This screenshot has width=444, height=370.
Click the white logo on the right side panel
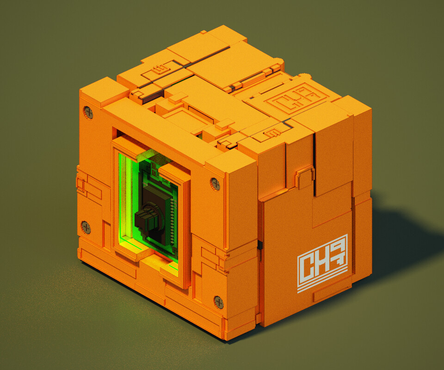point(322,269)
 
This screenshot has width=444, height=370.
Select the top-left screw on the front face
point(88,112)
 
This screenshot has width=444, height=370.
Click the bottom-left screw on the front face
point(86,227)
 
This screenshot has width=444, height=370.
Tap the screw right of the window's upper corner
point(215,183)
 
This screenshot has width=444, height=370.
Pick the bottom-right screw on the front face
point(219,302)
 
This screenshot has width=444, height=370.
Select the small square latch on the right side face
point(303,177)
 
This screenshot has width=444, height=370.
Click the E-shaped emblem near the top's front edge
point(271,134)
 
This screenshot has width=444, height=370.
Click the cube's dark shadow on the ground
point(398,240)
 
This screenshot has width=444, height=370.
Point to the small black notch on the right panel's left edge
point(260,246)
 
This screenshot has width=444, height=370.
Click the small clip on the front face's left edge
point(80,183)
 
